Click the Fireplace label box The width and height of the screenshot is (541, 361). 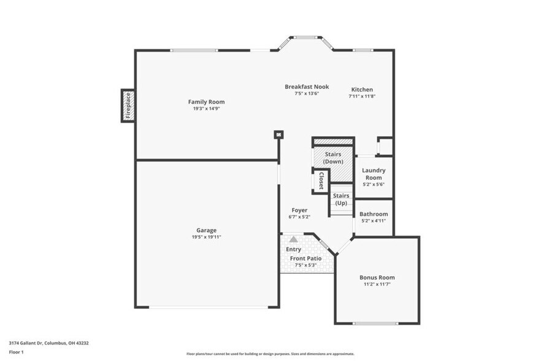(x=128, y=105)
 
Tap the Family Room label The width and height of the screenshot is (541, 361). (x=206, y=102)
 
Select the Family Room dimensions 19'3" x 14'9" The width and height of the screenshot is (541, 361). (x=206, y=109)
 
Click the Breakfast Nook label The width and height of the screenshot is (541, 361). (x=307, y=87)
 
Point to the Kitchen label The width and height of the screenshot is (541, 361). (x=362, y=90)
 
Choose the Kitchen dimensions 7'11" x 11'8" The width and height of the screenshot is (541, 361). (x=362, y=96)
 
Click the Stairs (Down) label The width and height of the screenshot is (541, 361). (x=334, y=158)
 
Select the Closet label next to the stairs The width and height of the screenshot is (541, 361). (x=321, y=182)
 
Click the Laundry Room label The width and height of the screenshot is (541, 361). (x=373, y=174)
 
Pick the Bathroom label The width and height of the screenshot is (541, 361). (x=374, y=214)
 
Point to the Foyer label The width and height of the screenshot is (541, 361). (x=299, y=210)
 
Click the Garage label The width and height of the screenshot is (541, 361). (x=206, y=230)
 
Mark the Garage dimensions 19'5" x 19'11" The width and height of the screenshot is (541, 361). (x=206, y=237)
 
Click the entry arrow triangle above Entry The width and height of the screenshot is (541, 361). (x=294, y=239)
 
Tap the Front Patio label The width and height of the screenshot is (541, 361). (x=305, y=258)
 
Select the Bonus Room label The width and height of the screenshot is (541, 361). (x=377, y=278)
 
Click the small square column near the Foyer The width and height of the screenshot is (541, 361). (x=278, y=134)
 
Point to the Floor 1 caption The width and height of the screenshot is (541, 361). (x=17, y=352)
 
